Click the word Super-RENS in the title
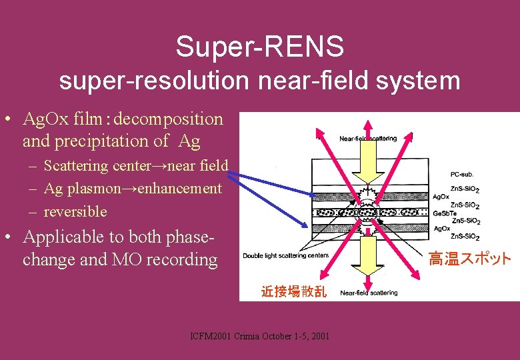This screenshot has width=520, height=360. point(260,47)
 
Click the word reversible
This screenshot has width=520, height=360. point(75,211)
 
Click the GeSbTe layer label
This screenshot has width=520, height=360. point(445,213)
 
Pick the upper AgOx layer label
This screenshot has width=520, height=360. point(441,197)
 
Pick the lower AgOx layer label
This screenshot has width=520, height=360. point(441,229)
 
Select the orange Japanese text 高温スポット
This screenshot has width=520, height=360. point(469,259)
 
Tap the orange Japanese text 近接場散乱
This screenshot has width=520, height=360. point(293,291)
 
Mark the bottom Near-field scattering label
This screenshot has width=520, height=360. point(369,293)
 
